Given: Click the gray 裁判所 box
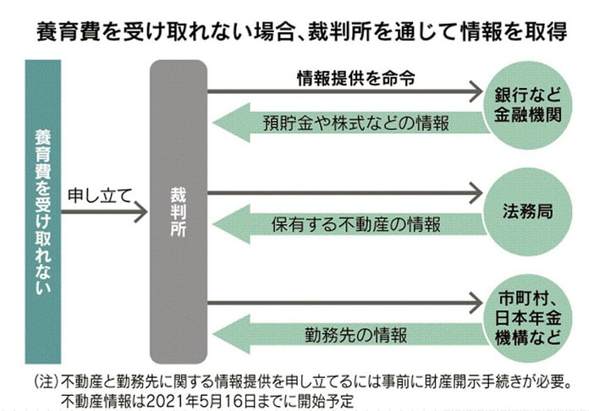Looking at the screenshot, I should pyautogui.click(x=178, y=211).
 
